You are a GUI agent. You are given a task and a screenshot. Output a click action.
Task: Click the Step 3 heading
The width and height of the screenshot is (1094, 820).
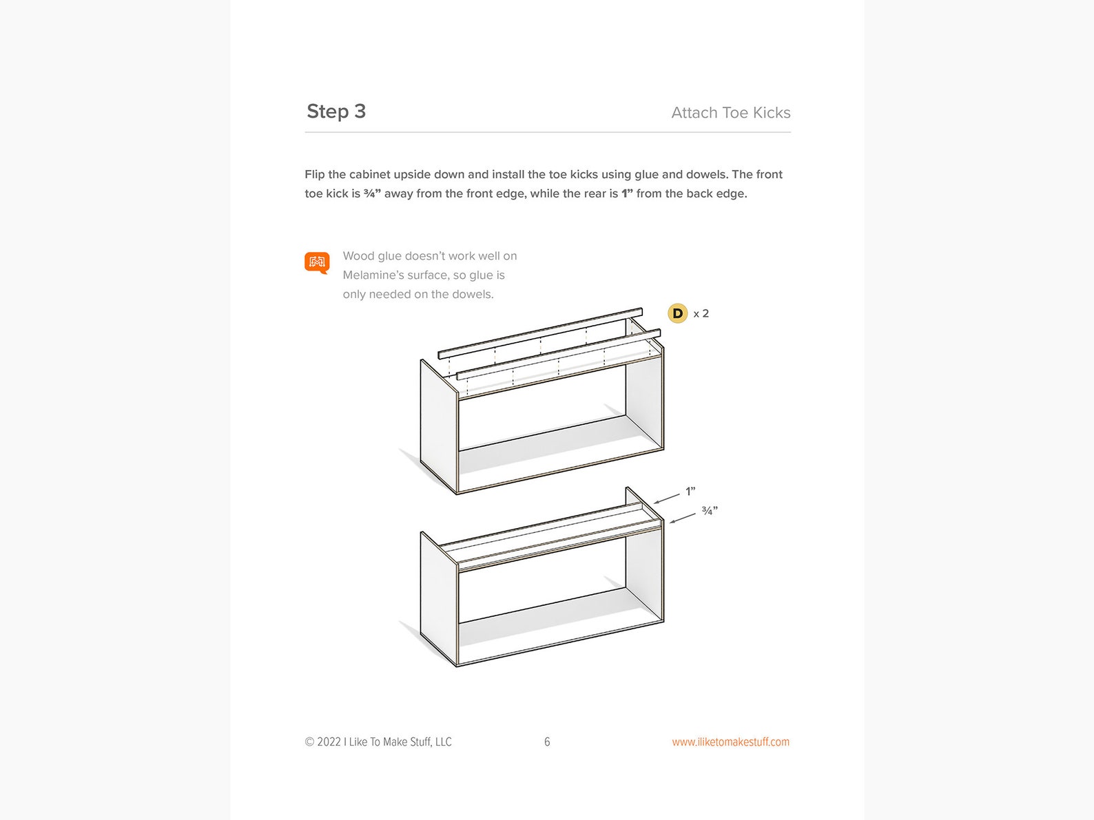coord(336,112)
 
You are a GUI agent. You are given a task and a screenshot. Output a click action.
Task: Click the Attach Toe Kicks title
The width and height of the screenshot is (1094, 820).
coord(730,113)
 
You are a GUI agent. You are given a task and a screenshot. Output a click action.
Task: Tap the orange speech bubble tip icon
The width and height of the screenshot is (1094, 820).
coord(317,262)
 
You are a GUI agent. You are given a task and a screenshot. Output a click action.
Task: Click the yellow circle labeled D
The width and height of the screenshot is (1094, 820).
coord(678,313)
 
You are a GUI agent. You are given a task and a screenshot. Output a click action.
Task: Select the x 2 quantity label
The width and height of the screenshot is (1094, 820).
coord(701,314)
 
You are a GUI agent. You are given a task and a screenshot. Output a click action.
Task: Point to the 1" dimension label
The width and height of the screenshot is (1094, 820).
coord(690,492)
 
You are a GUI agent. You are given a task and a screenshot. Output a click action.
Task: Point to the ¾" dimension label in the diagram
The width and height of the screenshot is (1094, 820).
coord(710,511)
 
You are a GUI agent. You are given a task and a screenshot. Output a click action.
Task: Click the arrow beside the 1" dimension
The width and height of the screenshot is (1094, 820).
coord(667,498)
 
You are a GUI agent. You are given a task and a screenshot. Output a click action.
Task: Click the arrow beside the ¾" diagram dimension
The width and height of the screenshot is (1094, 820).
coord(682,518)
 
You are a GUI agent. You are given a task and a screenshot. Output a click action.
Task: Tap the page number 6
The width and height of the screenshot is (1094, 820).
coord(547,742)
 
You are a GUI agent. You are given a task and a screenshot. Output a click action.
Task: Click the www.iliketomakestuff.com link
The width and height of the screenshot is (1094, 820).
coord(730,742)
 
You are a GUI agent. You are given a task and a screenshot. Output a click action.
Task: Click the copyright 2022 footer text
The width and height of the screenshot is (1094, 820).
coord(378,742)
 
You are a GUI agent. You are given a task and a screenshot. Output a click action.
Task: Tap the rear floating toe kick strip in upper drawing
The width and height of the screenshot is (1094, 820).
coord(540,332)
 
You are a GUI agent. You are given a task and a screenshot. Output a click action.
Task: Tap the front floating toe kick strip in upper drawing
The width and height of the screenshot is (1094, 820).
coord(558,354)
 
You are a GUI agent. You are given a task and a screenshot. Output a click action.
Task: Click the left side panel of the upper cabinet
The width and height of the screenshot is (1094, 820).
coord(438,427)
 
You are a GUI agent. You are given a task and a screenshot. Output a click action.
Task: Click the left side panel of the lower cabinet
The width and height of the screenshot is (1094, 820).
coord(438,599)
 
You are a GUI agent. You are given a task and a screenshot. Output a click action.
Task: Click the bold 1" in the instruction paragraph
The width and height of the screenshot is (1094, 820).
coord(627,194)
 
